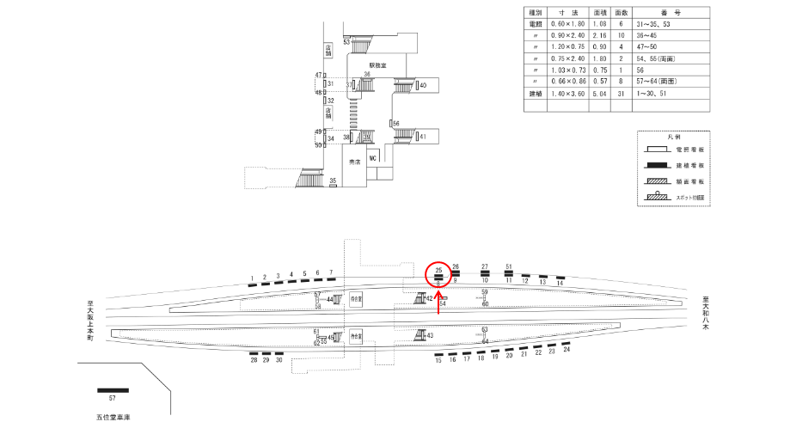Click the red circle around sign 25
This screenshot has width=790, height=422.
438,274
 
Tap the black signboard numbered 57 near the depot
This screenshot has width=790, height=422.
113,390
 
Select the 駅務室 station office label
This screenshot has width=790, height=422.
379,64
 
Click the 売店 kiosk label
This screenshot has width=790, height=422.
353,161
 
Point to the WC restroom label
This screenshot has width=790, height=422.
373,159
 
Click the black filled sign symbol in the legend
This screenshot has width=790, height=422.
668,164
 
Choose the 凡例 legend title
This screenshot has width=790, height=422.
674,138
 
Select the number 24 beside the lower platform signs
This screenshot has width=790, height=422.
566,350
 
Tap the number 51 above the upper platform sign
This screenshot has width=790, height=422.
509,266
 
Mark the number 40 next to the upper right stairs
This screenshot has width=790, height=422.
423,85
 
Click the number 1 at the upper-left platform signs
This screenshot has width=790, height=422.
251,278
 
